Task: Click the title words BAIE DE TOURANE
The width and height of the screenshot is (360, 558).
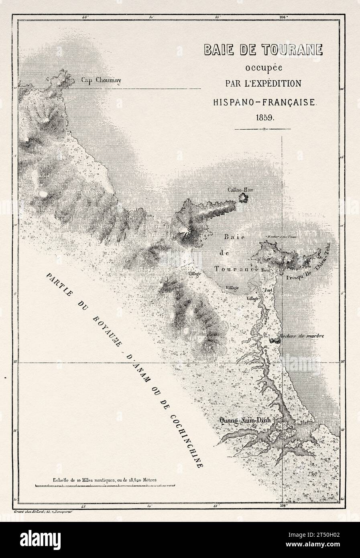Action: [263, 49]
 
